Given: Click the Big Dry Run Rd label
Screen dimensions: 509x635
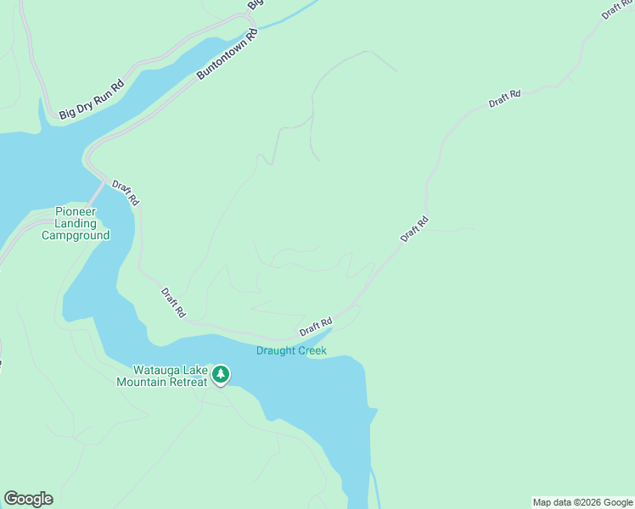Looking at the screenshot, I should tap(92, 99).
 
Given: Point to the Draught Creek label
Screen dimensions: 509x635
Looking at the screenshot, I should tap(291, 350).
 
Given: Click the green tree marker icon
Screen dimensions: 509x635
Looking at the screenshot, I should tap(221, 374).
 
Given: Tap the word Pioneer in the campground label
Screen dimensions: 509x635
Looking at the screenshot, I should tap(76, 211).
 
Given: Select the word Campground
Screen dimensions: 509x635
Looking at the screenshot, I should tap(76, 235).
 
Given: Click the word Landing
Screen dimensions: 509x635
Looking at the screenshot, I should tap(76, 223).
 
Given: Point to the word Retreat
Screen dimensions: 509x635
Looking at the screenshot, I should tap(187, 382).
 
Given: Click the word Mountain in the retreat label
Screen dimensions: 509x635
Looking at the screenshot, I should tap(141, 382).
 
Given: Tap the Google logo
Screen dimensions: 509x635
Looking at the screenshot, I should tap(28, 499).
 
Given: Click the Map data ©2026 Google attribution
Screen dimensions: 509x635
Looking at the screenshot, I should tap(583, 502).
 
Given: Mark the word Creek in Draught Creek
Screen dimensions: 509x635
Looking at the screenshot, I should tap(312, 350).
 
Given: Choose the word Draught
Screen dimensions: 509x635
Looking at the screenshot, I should tap(275, 350).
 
